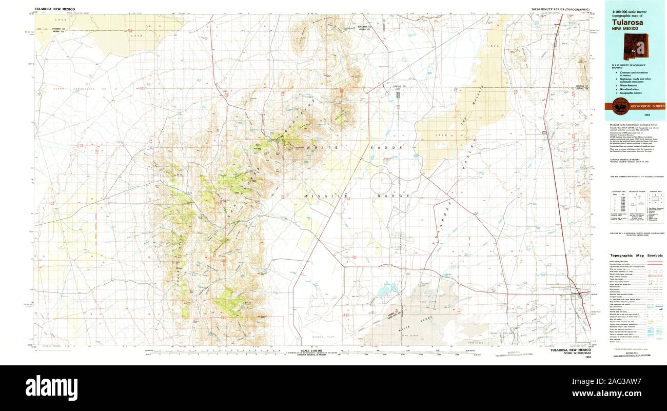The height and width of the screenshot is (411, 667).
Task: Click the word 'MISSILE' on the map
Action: coord(319,196)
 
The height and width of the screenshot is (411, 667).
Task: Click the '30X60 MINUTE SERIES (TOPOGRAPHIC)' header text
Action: coord(559,9)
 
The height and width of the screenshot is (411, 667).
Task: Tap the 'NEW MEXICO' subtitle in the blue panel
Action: coord(624,29)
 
